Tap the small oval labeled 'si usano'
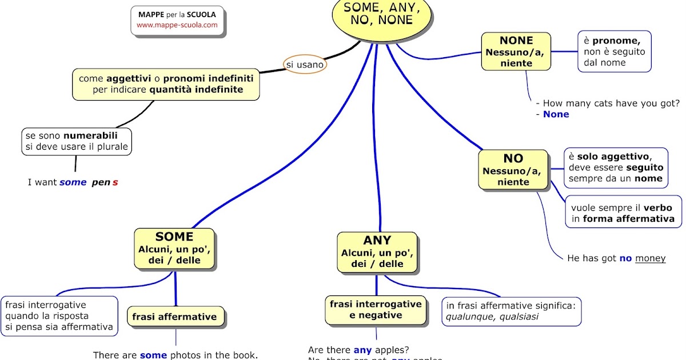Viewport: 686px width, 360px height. click(x=305, y=65)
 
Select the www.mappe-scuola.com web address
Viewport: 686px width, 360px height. click(x=177, y=25)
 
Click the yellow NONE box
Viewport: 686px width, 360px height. click(x=516, y=51)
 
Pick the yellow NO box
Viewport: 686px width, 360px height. click(x=513, y=170)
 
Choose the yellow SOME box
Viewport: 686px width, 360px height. click(x=174, y=249)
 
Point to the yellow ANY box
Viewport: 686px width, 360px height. click(x=377, y=252)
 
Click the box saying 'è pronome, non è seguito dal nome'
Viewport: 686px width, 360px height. click(x=614, y=51)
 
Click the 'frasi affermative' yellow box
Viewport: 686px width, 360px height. click(x=175, y=317)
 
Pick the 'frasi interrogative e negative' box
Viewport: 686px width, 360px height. click(x=376, y=310)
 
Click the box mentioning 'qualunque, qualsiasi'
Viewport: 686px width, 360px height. click(x=513, y=311)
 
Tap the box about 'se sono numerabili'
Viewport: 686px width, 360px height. click(x=77, y=141)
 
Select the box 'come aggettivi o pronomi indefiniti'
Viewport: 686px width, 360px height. click(x=166, y=84)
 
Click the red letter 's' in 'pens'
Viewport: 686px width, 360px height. click(x=115, y=182)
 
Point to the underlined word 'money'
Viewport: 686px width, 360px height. click(x=650, y=258)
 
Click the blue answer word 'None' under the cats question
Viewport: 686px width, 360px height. click(x=556, y=114)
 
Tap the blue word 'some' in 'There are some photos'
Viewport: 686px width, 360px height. click(x=153, y=355)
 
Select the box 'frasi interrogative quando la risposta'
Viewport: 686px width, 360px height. click(x=59, y=316)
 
